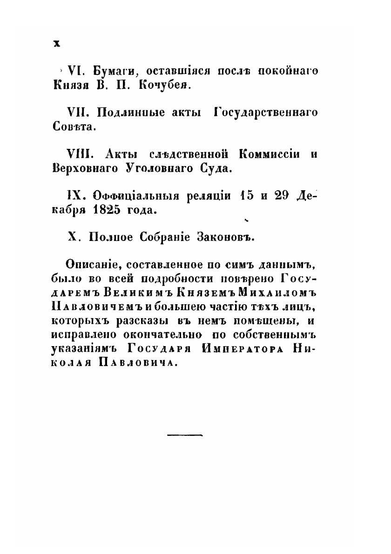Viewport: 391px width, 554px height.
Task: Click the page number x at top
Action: [x=57, y=43]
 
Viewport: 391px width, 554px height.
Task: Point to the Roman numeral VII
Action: [x=78, y=113]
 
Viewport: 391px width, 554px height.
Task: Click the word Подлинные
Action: [x=126, y=113]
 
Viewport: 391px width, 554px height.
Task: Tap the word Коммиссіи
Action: [x=269, y=154]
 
